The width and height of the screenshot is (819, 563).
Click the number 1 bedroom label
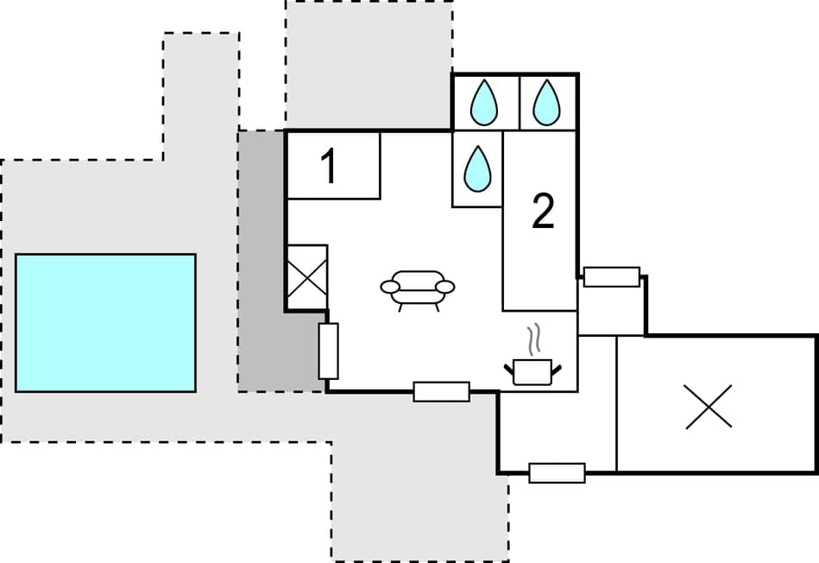(328, 167)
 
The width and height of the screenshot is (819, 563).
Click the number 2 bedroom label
(542, 212)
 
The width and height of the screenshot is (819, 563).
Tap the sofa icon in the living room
(418, 289)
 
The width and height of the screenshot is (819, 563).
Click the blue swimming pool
(105, 322)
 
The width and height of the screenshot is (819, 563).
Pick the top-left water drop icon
(484, 103)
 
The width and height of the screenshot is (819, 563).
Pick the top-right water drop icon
(546, 103)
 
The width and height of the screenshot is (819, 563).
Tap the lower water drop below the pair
(477, 168)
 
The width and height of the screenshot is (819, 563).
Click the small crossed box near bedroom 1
(306, 278)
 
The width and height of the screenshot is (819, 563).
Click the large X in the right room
(709, 406)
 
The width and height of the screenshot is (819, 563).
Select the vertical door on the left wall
(328, 351)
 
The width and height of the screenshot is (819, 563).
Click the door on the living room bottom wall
(441, 391)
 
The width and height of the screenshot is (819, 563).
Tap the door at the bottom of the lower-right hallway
(557, 472)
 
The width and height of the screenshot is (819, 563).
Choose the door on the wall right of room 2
(611, 276)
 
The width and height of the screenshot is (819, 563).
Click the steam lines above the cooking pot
(535, 339)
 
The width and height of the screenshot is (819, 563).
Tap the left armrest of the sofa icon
(390, 286)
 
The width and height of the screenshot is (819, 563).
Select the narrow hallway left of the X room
(597, 402)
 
